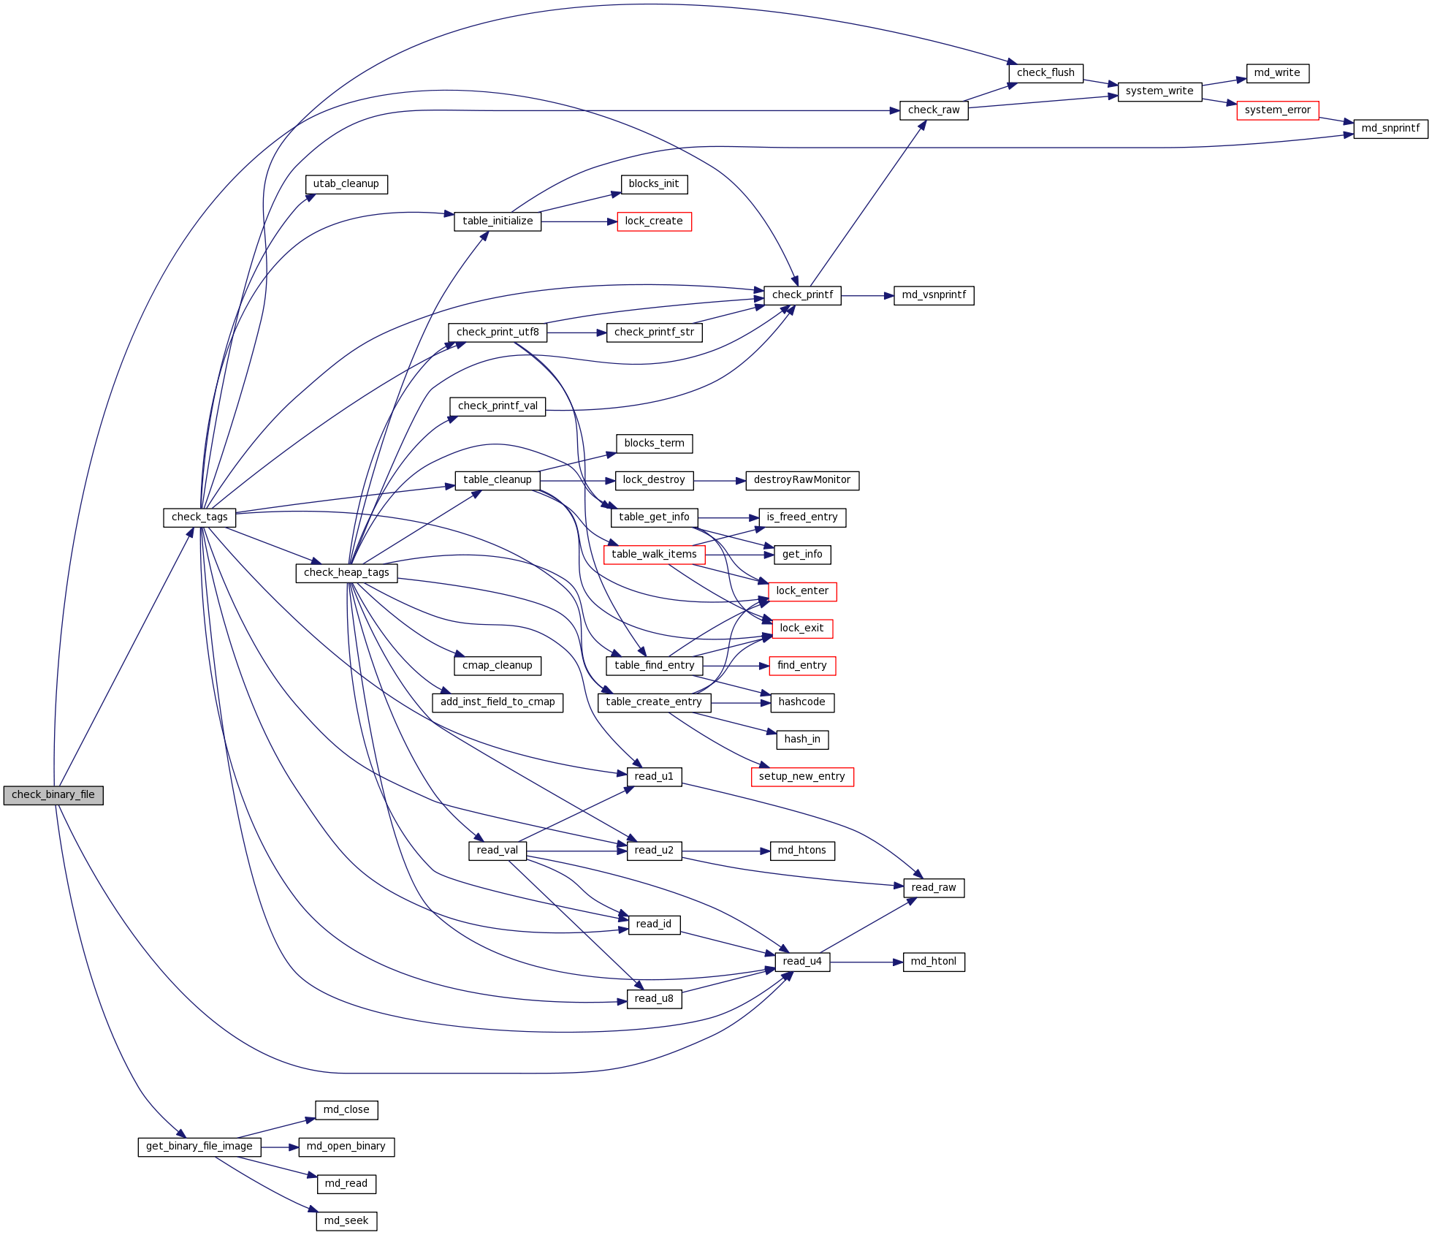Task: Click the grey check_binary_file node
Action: point(53,795)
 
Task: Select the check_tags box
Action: point(199,517)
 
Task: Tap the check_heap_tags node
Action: point(346,573)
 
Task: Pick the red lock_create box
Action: point(654,221)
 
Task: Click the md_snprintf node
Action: point(1390,129)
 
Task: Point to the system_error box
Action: point(1277,110)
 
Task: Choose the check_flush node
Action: point(1046,73)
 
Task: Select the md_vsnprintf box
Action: point(934,295)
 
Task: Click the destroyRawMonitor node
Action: point(801,480)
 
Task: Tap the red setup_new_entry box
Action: point(801,777)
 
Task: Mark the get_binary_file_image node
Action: point(199,1147)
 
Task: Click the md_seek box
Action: point(346,1221)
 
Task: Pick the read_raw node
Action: point(933,888)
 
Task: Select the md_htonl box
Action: point(933,962)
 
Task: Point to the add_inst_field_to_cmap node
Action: point(498,702)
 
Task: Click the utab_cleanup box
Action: point(346,184)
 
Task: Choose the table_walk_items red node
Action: point(654,555)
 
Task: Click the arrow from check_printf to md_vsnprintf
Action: point(867,296)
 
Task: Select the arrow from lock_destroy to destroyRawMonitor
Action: point(719,481)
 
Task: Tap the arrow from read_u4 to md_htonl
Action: point(867,962)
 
